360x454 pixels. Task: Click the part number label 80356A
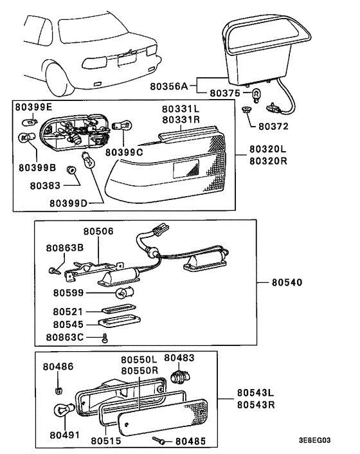point(168,86)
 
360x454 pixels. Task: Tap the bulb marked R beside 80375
point(256,95)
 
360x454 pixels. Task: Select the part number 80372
point(273,126)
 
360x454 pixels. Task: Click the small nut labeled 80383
point(70,170)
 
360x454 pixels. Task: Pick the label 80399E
point(33,107)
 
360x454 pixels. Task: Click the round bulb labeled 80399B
point(27,138)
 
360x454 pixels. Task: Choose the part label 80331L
point(180,109)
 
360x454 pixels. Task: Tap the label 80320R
point(268,161)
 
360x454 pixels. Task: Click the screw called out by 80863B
point(54,271)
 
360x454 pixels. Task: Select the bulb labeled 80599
point(125,293)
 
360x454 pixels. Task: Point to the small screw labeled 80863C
point(105,338)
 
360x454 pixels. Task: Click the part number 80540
point(287,282)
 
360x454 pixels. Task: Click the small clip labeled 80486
point(59,391)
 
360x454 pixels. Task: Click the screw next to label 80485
point(159,440)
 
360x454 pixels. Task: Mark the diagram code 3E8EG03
point(314,440)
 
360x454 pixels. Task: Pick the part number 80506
point(98,231)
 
